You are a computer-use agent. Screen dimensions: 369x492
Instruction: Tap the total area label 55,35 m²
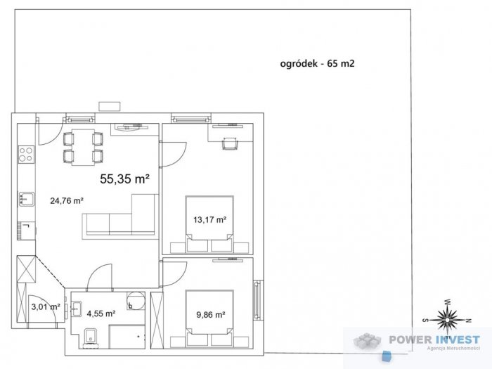click(124, 179)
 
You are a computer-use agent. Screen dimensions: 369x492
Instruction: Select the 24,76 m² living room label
click(67, 200)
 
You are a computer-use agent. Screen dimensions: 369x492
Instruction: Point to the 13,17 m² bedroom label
click(209, 219)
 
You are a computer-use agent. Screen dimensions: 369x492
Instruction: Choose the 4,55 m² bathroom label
click(101, 314)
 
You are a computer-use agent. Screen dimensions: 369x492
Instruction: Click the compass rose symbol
click(446, 319)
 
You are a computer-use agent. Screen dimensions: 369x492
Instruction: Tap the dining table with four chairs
click(83, 146)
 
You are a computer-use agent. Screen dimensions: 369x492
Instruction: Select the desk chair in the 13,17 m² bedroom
click(231, 145)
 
